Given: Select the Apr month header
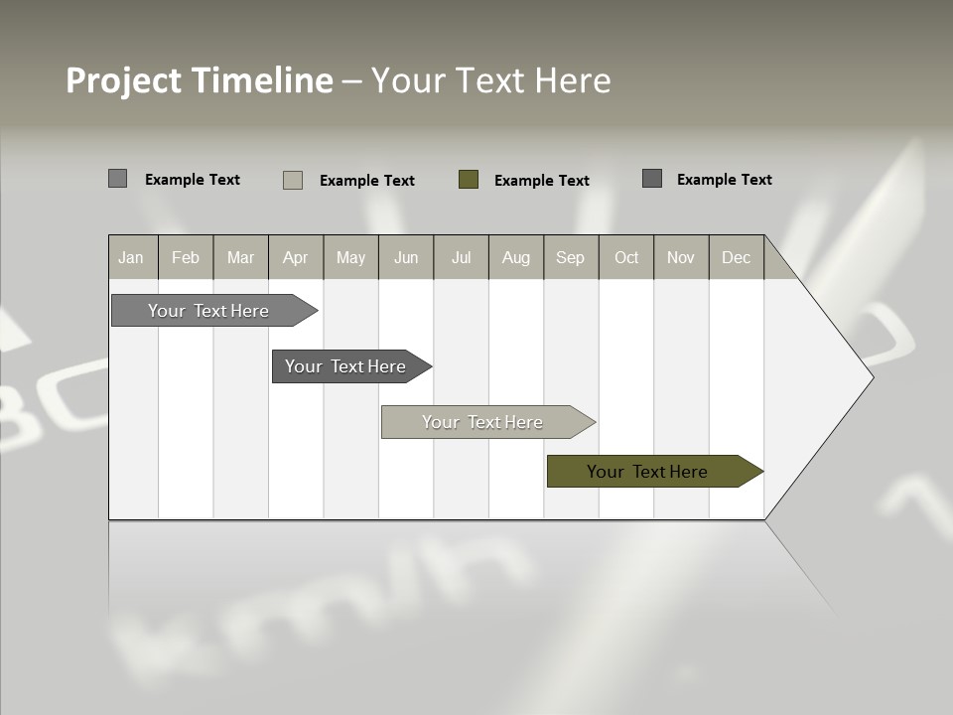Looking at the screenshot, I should [296, 257].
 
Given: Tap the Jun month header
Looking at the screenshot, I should [406, 257].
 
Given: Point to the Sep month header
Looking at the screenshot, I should [571, 257].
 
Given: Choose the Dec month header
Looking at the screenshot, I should [737, 257].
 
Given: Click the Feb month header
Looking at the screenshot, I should [186, 257].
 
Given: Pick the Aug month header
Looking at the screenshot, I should [516, 257].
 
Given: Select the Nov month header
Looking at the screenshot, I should [681, 257].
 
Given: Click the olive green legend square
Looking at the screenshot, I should [469, 180].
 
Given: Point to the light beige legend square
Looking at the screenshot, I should [293, 180].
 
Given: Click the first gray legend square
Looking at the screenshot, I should [118, 179].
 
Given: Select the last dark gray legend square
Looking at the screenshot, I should [652, 179].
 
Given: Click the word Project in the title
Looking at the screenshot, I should [123, 80].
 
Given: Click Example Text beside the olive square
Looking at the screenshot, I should [542, 181].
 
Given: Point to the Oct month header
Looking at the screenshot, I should [626, 257].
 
